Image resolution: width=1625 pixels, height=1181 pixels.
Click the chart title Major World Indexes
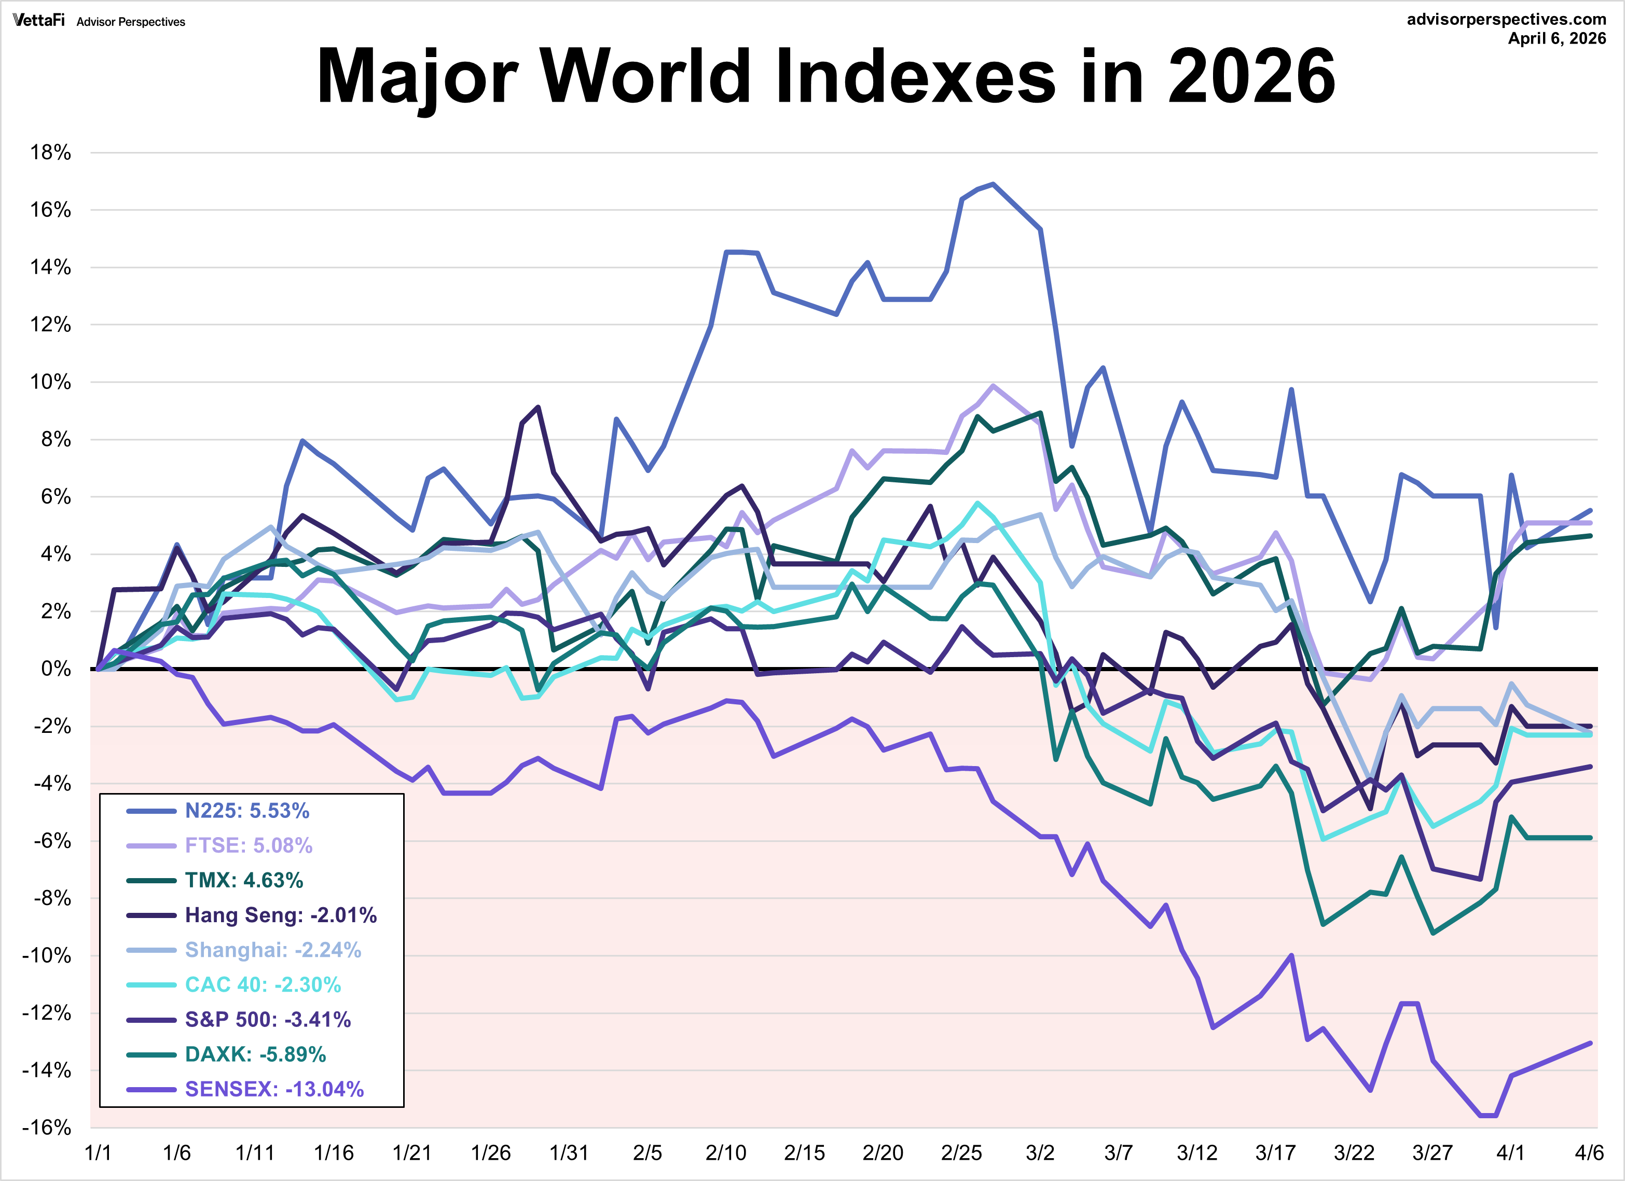pyautogui.click(x=825, y=76)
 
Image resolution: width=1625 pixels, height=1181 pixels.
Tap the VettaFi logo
pyautogui.click(x=39, y=21)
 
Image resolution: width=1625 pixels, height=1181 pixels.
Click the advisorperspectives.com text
pyautogui.click(x=1506, y=19)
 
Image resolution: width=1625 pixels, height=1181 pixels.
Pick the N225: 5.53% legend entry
pyautogui.click(x=246, y=811)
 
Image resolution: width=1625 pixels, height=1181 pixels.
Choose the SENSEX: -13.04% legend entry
pyautogui.click(x=274, y=1089)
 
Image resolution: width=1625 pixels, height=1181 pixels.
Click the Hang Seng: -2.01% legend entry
pyautogui.click(x=280, y=915)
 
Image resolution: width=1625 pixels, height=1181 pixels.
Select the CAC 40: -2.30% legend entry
pyautogui.click(x=262, y=985)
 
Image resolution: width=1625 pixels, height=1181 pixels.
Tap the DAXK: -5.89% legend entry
pyautogui.click(x=255, y=1054)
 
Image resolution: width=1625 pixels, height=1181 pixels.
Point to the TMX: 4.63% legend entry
pyautogui.click(x=244, y=880)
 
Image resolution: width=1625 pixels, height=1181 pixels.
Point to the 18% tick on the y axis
pyautogui.click(x=50, y=152)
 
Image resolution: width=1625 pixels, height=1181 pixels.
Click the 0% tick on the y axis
pyautogui.click(x=56, y=669)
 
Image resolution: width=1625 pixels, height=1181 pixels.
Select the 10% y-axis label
pyautogui.click(x=50, y=382)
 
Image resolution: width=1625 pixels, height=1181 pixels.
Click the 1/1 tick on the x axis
pyautogui.click(x=98, y=1153)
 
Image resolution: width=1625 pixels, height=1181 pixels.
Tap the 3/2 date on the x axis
pyautogui.click(x=1040, y=1153)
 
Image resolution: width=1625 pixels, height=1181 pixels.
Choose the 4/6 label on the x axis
pyautogui.click(x=1589, y=1153)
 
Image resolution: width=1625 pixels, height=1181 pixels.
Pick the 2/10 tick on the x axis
pyautogui.click(x=726, y=1153)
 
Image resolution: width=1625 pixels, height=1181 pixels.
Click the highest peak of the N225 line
pyautogui.click(x=993, y=184)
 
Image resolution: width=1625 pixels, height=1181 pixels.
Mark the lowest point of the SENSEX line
pyautogui.click(x=1488, y=1115)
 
